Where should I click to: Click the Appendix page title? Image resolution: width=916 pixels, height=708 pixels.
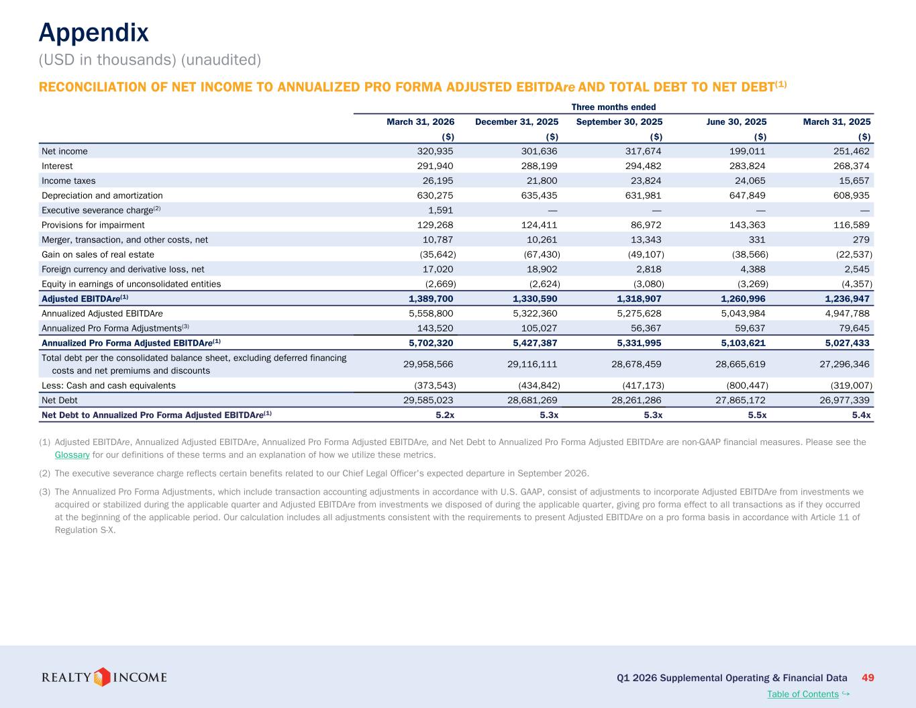point(93,33)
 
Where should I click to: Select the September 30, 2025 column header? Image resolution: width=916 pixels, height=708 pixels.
point(619,121)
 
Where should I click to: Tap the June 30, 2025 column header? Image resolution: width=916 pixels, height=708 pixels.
point(736,121)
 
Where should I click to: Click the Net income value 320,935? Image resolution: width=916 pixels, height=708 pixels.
point(435,151)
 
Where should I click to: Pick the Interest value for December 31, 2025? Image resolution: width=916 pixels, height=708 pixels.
point(539,166)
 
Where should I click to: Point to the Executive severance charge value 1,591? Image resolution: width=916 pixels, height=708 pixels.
point(440,210)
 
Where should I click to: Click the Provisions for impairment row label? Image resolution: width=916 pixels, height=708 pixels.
point(93,225)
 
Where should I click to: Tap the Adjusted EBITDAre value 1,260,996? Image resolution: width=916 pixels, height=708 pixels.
point(743,299)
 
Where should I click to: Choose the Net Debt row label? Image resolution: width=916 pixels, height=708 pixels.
point(60,401)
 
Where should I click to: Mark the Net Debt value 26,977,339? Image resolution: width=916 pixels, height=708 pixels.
point(844,401)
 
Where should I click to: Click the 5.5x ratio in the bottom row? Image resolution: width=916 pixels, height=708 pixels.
point(757,415)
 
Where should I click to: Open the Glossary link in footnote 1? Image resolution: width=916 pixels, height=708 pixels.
point(72,455)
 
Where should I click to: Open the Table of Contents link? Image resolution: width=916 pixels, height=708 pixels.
point(803,694)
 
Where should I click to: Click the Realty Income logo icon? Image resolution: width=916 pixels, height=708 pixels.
point(101,677)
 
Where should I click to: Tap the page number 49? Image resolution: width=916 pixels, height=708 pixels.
point(868,678)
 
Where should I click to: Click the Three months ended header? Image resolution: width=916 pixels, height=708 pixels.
point(613,107)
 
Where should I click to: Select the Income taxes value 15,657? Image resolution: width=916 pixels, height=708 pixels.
point(854,181)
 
